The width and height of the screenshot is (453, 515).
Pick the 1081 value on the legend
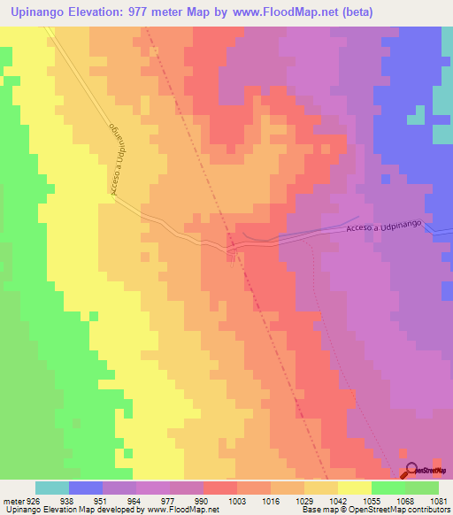438,500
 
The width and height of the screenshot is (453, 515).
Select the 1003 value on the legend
238,500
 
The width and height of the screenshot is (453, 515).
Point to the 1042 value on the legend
338,500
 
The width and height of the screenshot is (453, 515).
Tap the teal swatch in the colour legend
52,488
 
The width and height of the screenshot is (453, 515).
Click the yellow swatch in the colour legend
354,488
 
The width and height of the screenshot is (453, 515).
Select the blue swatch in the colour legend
86,488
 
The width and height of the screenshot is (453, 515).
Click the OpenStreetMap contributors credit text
398,510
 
